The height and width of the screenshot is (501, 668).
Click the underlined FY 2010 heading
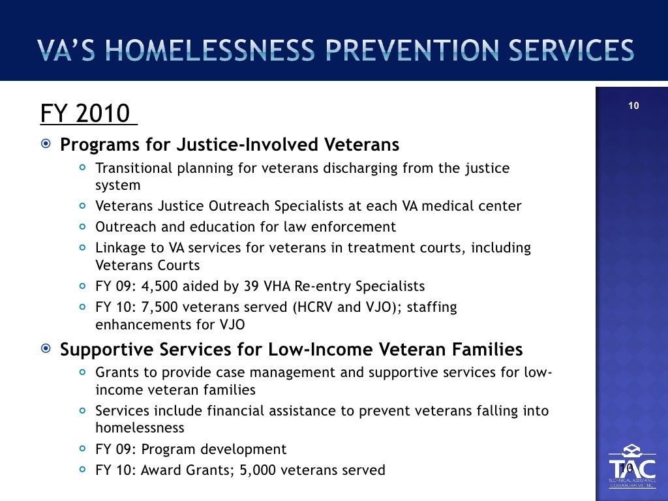coord(88,114)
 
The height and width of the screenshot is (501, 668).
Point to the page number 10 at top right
coord(633,106)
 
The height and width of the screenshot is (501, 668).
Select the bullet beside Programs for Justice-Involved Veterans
coord(46,144)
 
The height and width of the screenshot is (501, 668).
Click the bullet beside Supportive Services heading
coord(46,350)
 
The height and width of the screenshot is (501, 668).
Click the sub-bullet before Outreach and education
coord(82,227)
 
